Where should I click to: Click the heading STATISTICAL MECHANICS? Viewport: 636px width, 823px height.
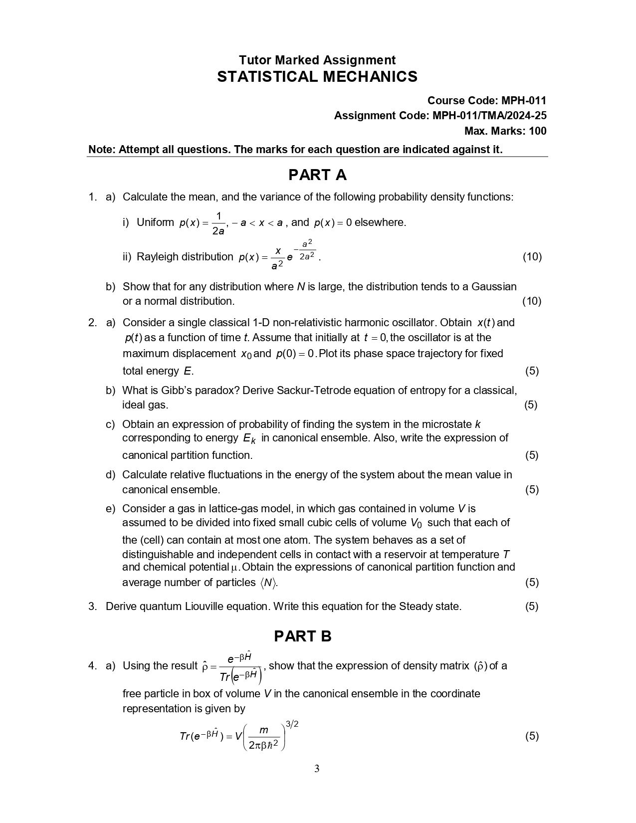pyautogui.click(x=317, y=77)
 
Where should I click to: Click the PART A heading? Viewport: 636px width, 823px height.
pyautogui.click(x=317, y=175)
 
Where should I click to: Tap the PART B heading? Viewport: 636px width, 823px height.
pyautogui.click(x=302, y=636)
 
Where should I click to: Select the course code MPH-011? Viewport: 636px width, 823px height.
pyautogui.click(x=524, y=101)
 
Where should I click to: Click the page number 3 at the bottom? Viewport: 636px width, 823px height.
pyautogui.click(x=317, y=769)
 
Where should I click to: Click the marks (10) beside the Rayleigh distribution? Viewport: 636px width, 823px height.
pyautogui.click(x=532, y=257)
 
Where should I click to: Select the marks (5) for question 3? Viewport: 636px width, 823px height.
pyautogui.click(x=532, y=607)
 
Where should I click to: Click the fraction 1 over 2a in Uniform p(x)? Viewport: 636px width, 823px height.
pyautogui.click(x=218, y=223)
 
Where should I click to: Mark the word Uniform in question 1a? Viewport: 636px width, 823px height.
pyautogui.click(x=155, y=222)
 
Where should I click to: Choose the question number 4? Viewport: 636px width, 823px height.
pyautogui.click(x=92, y=666)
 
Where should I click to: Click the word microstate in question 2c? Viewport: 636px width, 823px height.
pyautogui.click(x=446, y=424)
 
